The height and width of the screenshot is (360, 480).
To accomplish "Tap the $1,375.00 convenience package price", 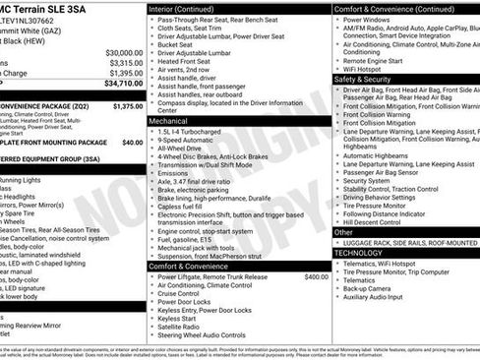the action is click(x=127, y=105).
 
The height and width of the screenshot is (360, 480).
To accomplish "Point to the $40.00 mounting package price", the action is click(x=131, y=143).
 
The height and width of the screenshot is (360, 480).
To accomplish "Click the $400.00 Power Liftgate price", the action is click(x=316, y=277).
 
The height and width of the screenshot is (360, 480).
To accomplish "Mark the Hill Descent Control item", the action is click(x=380, y=222).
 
